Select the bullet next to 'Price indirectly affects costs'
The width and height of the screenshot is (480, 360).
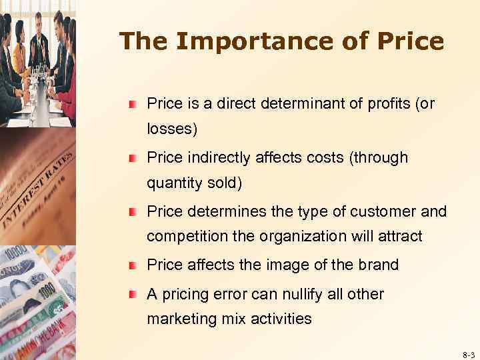pos(134,158)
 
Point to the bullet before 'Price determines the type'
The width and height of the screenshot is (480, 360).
pos(134,212)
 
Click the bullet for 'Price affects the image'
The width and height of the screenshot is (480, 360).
pos(134,265)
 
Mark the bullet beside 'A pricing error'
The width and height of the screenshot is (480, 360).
pos(134,295)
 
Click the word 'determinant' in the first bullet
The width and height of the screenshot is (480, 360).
pos(298,103)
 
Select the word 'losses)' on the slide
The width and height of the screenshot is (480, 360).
pos(172,129)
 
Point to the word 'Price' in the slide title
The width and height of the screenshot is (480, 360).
pos(409,41)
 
